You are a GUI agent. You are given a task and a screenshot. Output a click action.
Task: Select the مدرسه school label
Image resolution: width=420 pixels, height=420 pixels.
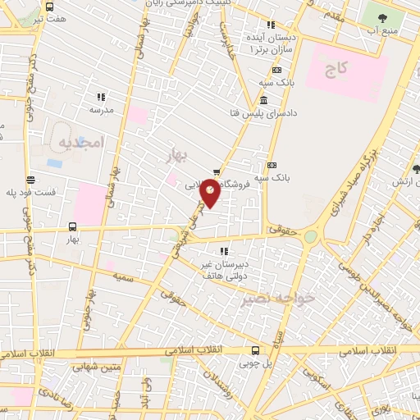(101, 108)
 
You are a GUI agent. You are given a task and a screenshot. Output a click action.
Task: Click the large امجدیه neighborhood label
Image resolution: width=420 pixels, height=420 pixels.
(79, 143)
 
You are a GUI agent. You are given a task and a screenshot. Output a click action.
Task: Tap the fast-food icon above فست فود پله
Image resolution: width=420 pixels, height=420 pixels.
(30, 180)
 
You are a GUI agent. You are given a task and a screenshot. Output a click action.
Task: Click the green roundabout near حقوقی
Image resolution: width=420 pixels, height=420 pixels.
(310, 237)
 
